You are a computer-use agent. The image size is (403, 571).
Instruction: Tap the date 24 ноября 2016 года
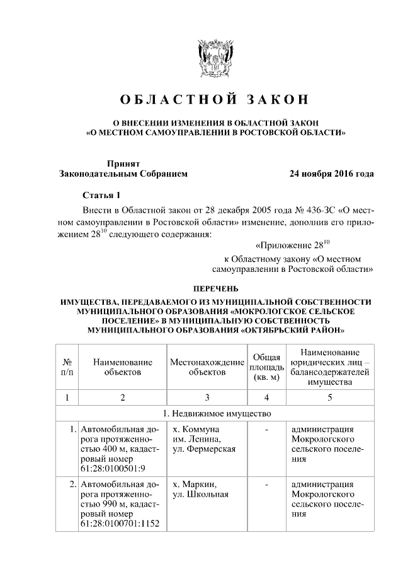tap(331, 174)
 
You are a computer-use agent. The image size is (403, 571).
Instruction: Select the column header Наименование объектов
tap(122, 368)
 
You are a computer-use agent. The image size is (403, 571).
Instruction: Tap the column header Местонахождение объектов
tap(207, 368)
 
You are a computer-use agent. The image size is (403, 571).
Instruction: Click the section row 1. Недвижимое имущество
tap(213, 414)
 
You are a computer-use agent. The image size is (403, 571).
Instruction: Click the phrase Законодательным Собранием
tap(123, 174)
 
